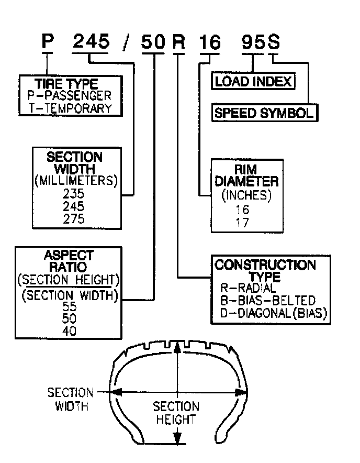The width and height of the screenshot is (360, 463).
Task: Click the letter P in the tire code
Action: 48,42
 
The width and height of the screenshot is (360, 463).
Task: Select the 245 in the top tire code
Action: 92,42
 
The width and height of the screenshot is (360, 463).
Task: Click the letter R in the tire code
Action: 179,42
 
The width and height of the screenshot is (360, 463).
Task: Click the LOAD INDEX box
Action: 253,82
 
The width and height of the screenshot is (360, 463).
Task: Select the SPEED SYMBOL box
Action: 264,113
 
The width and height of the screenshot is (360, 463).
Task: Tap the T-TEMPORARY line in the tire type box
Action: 70,108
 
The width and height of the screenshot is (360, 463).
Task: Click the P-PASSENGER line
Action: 70,96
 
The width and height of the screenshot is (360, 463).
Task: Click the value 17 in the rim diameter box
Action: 243,222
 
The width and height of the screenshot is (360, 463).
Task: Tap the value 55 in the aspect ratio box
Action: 69,306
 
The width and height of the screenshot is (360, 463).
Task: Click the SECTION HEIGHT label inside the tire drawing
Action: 176,413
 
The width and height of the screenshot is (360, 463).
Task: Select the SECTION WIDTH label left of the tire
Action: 70,399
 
